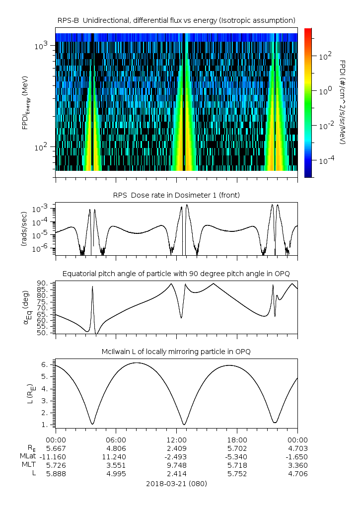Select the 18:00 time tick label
(x=237, y=439)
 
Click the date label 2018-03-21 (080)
(x=176, y=483)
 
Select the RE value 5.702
(x=237, y=448)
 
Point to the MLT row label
(x=29, y=465)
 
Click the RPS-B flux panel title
(x=176, y=20)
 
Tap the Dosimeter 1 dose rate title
(x=176, y=195)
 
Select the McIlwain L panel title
(x=176, y=352)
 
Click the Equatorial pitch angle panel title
(x=176, y=274)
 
